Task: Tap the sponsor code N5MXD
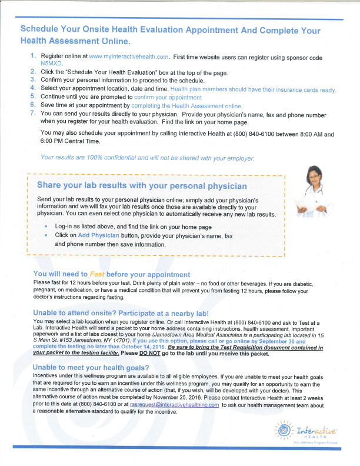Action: [x=51, y=62]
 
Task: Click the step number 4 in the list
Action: [x=33, y=89]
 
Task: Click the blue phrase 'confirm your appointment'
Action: [x=168, y=97]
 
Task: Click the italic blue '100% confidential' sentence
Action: [x=148, y=157]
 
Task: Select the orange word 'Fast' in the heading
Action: [x=98, y=274]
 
